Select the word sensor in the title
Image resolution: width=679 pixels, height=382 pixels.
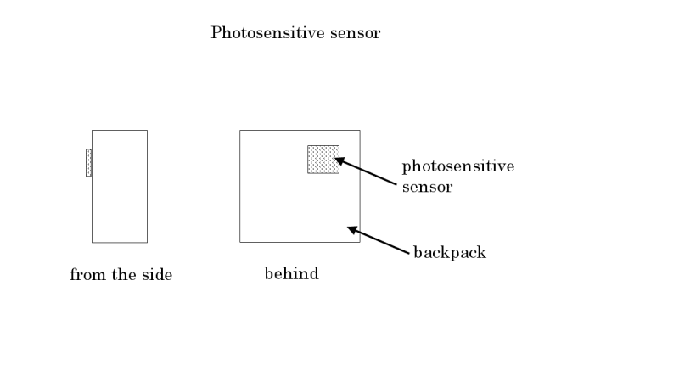pyautogui.click(x=356, y=34)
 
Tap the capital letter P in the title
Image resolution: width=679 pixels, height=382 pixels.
pyautogui.click(x=216, y=34)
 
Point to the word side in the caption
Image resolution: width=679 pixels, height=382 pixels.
pyautogui.click(x=156, y=275)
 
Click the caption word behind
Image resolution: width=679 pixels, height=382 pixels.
pyautogui.click(x=291, y=274)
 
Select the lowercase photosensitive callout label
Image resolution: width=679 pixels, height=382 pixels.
pyautogui.click(x=457, y=166)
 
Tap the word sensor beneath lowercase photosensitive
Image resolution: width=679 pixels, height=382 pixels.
pyautogui.click(x=427, y=187)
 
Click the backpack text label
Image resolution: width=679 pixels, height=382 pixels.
pyautogui.click(x=450, y=252)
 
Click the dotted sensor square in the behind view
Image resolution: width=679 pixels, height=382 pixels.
pyautogui.click(x=323, y=160)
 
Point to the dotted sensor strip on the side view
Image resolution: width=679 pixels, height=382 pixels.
pyautogui.click(x=88, y=162)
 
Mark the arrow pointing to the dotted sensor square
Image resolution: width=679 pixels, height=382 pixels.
pyautogui.click(x=367, y=171)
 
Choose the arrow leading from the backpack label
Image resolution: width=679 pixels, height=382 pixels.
pyautogui.click(x=379, y=239)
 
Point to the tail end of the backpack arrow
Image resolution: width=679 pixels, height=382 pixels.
pyautogui.click(x=408, y=252)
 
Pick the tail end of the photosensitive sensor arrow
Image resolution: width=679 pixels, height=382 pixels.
pyautogui.click(x=396, y=183)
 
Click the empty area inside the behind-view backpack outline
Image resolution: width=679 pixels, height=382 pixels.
pyautogui.click(x=280, y=204)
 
